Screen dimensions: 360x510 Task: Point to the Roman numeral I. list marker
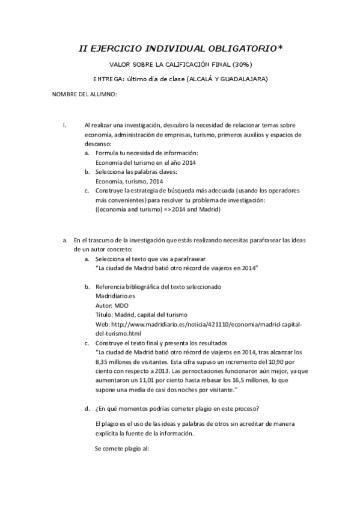coord(64,125)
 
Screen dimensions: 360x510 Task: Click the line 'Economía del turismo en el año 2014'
coord(147,162)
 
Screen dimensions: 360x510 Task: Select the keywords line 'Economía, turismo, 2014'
coord(129,181)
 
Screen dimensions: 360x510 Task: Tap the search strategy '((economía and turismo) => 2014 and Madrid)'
coord(159,209)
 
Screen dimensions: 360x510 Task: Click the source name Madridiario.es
coord(116,296)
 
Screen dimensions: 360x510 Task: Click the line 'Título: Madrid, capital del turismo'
coord(142,315)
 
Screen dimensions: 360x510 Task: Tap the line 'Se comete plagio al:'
coord(122,449)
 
